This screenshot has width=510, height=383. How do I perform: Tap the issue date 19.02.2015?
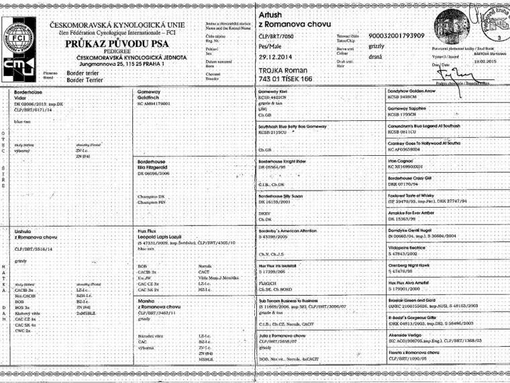(474, 61)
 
